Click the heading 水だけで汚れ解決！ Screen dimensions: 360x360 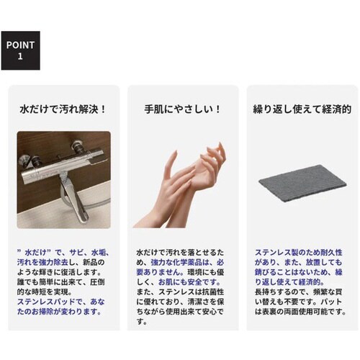63,110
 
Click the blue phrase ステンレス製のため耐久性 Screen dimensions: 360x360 291,253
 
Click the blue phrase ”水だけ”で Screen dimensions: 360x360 35,253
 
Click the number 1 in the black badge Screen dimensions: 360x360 19,56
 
